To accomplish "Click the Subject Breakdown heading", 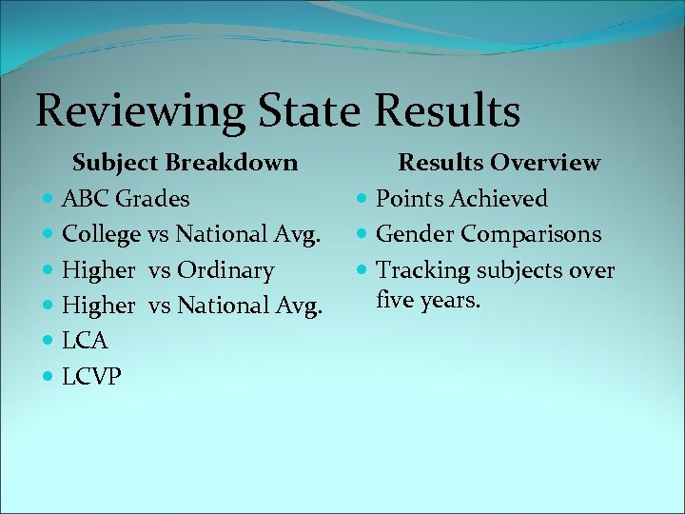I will click(x=186, y=163).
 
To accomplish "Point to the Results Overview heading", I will click(x=499, y=163).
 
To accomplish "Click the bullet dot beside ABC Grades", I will click(x=49, y=200).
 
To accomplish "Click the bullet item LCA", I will click(x=85, y=341).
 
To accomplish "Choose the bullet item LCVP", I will click(x=91, y=377).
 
